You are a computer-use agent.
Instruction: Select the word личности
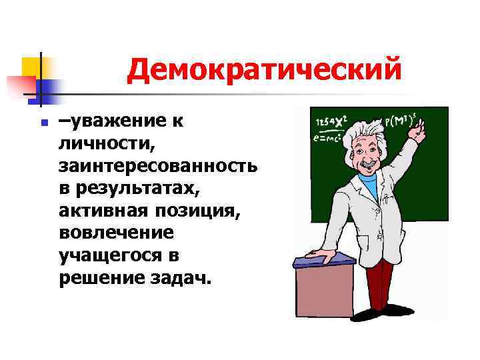(x=101, y=142)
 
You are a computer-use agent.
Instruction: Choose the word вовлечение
(x=115, y=234)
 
